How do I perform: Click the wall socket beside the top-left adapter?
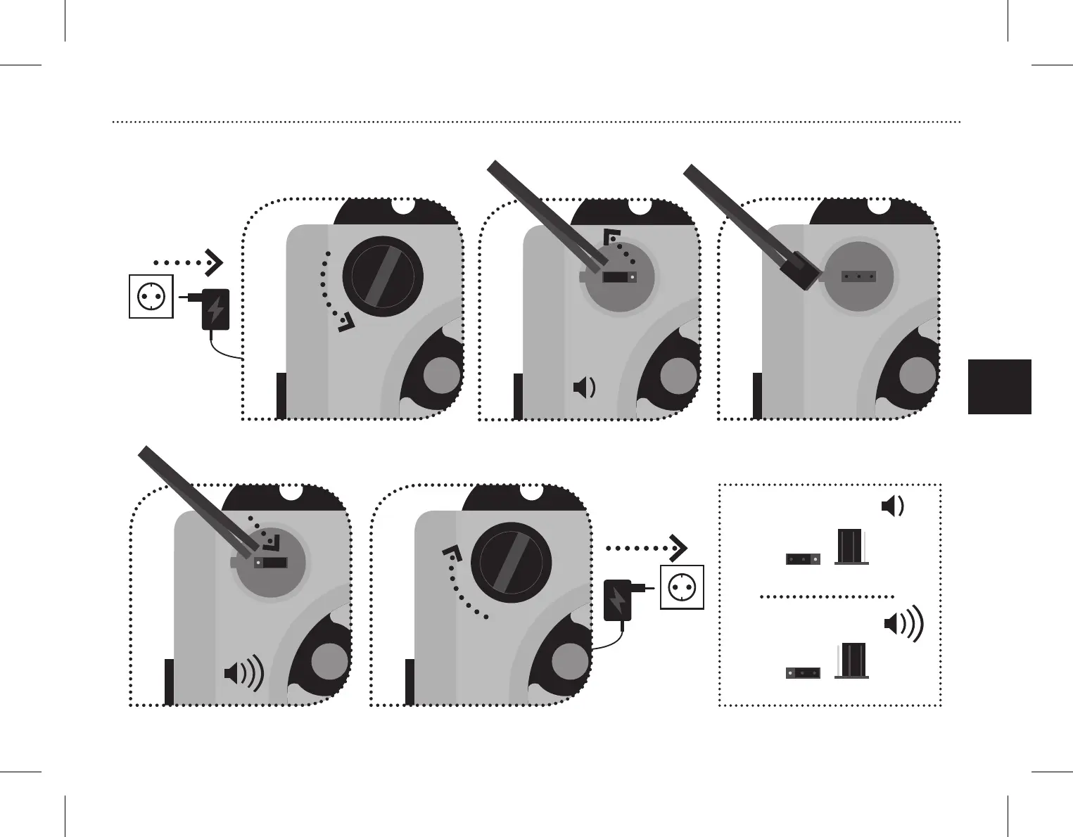(151, 297)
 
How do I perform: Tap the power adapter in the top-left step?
(215, 309)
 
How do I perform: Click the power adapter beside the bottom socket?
(618, 599)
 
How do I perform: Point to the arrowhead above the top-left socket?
(214, 262)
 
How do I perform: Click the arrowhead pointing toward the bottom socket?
(678, 548)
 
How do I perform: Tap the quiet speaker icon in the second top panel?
(585, 388)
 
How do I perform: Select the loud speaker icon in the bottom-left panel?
(243, 673)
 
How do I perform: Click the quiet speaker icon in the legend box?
(893, 506)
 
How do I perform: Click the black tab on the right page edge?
(999, 387)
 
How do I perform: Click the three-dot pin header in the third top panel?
(858, 277)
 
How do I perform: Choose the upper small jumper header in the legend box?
(803, 560)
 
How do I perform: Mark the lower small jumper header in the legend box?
(803, 673)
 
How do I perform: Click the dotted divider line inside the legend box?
(827, 596)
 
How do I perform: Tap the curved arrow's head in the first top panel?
(346, 324)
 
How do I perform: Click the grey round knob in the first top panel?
(441, 375)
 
